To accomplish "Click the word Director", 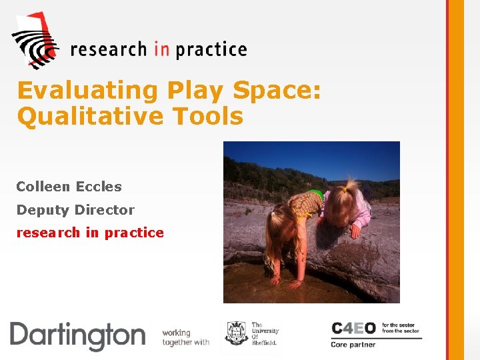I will (105, 210).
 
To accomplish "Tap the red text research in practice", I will (90, 233).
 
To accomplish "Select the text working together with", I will (186, 337).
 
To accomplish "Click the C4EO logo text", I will (353, 329).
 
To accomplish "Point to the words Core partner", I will (353, 345).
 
